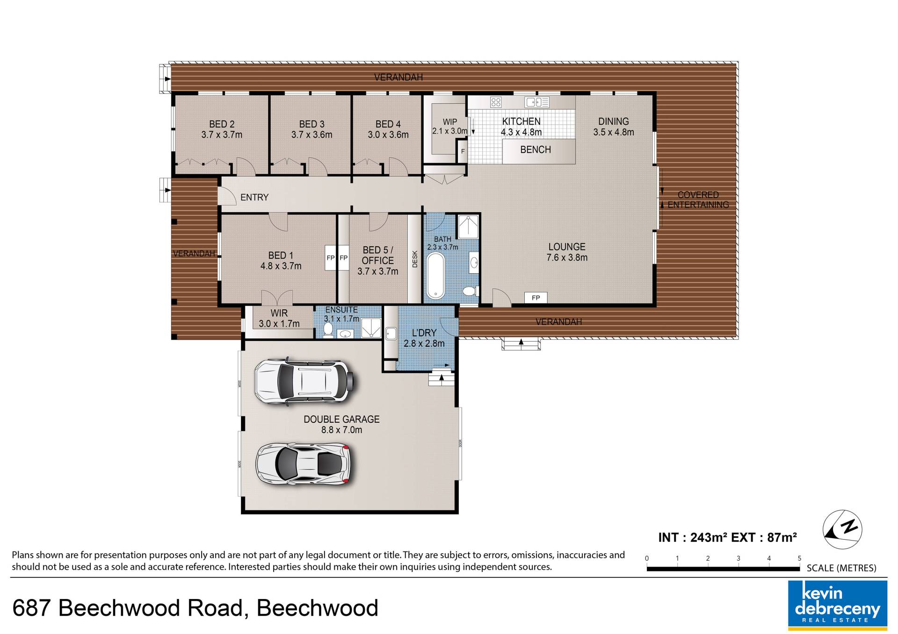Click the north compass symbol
pyautogui.click(x=842, y=530)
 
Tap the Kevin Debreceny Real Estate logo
pyautogui.click(x=838, y=604)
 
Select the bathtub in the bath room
pyautogui.click(x=435, y=276)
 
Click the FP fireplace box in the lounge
pyautogui.click(x=536, y=298)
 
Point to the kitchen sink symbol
pyautogui.click(x=536, y=102)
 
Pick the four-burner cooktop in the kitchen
pyautogui.click(x=496, y=102)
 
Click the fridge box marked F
pyautogui.click(x=462, y=152)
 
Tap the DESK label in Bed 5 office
pyautogui.click(x=414, y=259)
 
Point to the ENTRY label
pyautogui.click(x=254, y=198)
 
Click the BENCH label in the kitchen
pyautogui.click(x=536, y=150)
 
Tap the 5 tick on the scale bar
pyautogui.click(x=799, y=558)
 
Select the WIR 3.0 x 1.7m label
pyautogui.click(x=279, y=318)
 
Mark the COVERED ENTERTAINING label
pyautogui.click(x=698, y=199)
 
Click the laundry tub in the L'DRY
pyautogui.click(x=391, y=334)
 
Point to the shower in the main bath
pyautogui.click(x=468, y=227)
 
